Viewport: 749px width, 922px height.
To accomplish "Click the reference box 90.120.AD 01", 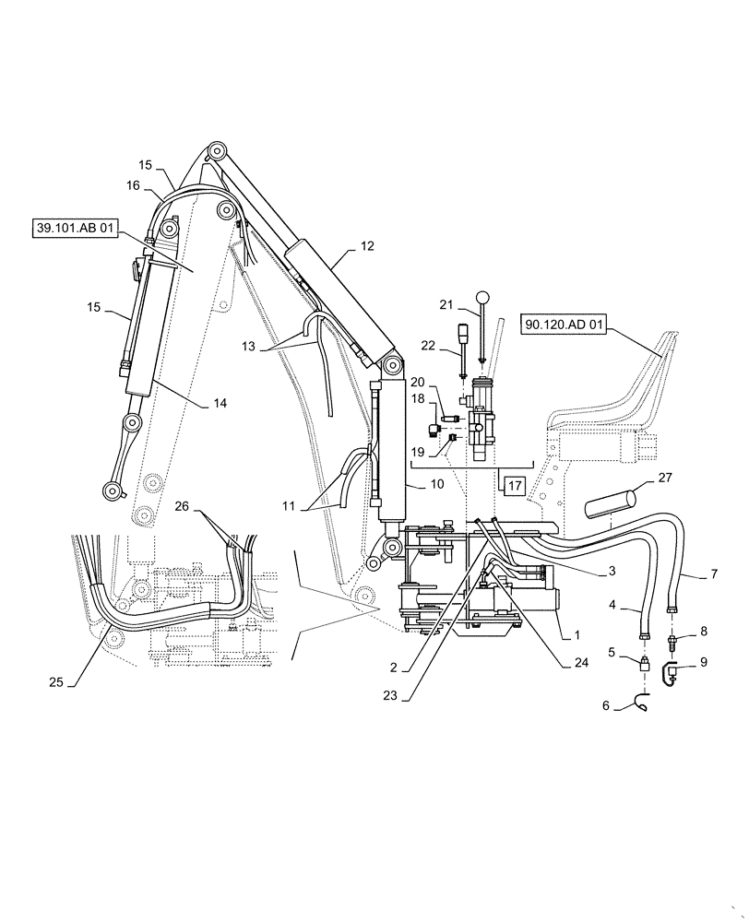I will coord(565,324).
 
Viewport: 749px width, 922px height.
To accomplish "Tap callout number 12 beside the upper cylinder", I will coord(367,246).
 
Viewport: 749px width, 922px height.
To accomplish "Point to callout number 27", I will coord(665,479).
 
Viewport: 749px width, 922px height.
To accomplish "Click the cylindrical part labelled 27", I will coord(610,504).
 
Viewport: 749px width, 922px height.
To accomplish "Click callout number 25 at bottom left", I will coord(58,681).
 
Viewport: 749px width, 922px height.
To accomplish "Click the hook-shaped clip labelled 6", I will coord(638,705).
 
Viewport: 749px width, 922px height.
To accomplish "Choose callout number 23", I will coord(391,696).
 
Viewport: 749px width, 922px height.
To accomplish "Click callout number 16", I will coord(133,185).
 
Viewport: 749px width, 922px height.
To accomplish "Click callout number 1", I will coord(578,634).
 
